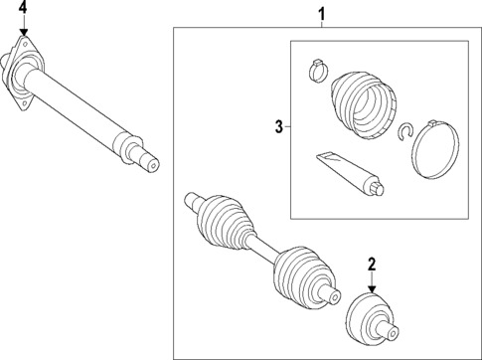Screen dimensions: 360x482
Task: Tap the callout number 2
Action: [x=372, y=264]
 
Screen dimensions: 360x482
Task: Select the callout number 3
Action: [x=279, y=126]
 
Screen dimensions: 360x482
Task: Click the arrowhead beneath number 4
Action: [x=24, y=33]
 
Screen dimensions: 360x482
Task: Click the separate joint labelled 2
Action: [x=376, y=318]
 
